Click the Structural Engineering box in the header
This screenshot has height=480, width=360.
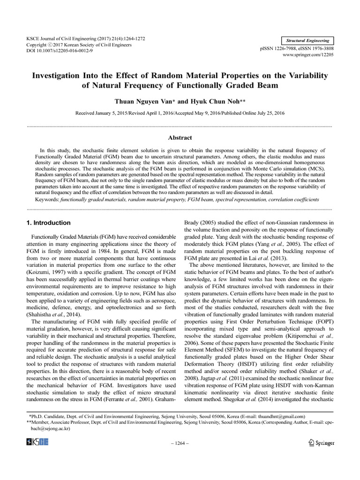point(307,41)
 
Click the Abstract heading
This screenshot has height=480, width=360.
point(180,138)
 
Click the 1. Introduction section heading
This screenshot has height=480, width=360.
point(49,223)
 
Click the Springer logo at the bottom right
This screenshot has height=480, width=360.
point(321,442)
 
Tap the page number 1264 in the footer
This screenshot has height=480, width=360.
point(180,443)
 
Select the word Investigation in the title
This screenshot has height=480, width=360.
point(58,75)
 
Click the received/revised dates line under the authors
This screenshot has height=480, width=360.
point(180,113)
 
